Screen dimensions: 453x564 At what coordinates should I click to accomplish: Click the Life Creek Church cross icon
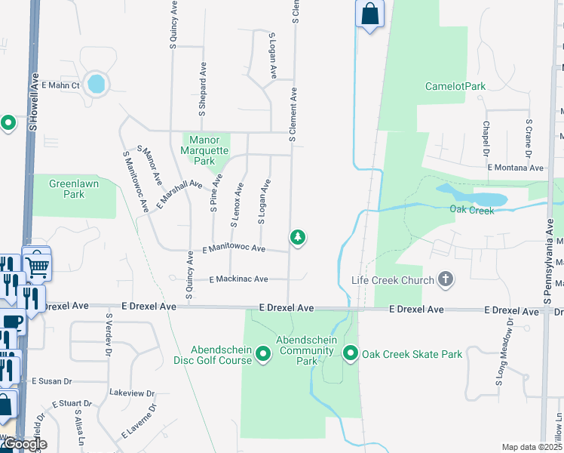pos(446,280)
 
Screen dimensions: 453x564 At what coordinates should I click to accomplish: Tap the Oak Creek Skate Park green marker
pos(351,353)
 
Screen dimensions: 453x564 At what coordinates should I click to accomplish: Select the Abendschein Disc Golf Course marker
pos(263,353)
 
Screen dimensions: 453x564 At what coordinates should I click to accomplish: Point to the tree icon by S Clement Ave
pos(299,238)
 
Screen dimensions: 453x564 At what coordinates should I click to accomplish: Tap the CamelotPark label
pos(455,86)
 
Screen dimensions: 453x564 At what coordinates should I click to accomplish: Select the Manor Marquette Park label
pos(204,150)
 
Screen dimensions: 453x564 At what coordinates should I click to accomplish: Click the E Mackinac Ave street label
pos(238,279)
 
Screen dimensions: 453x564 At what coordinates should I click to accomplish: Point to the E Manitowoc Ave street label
pos(234,248)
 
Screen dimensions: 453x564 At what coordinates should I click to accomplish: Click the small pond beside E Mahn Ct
pos(97,83)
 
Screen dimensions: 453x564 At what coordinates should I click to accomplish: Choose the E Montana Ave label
pos(515,168)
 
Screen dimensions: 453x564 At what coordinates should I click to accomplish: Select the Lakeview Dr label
pos(132,393)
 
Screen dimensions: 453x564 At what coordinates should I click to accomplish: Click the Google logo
pos(25,444)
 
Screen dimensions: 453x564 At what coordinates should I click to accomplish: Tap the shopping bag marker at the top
pos(369,14)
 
